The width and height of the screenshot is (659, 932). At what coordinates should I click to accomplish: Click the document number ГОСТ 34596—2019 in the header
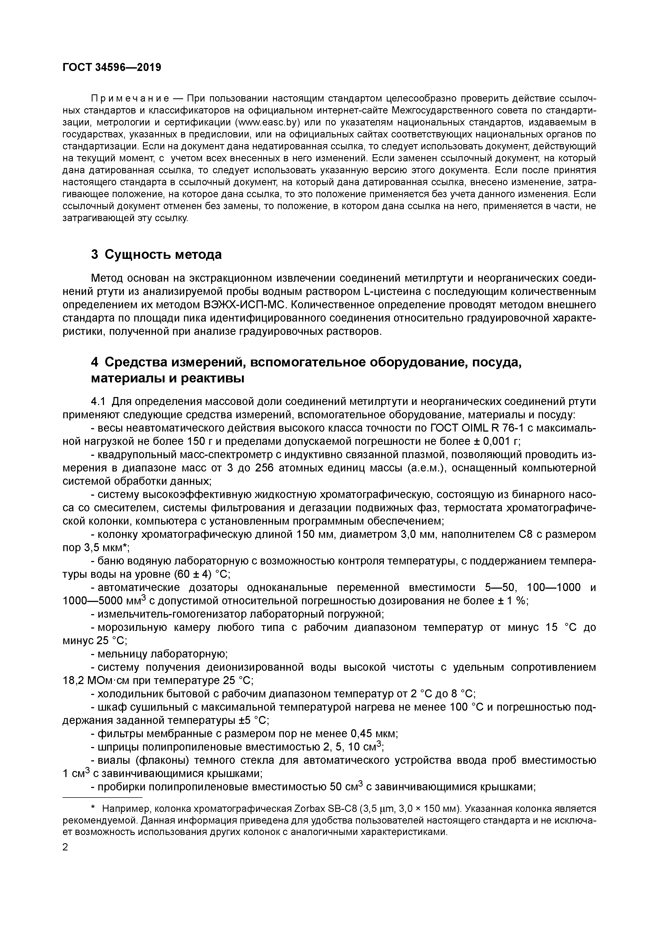click(x=112, y=67)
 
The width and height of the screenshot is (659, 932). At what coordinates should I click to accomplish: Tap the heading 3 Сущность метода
click(x=156, y=255)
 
